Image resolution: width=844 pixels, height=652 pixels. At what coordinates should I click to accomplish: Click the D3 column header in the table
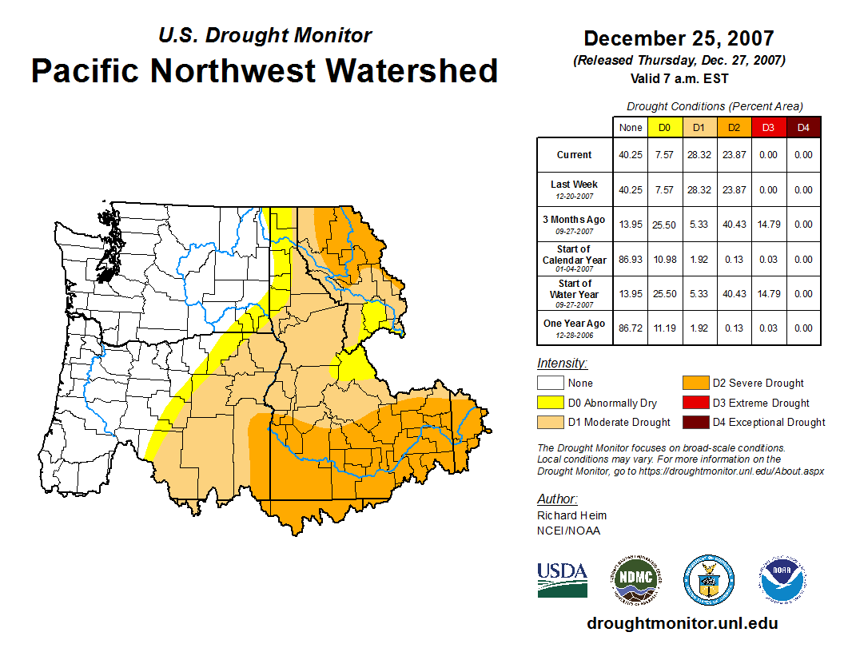point(768,127)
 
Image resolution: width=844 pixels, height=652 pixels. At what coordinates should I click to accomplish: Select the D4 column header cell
point(803,127)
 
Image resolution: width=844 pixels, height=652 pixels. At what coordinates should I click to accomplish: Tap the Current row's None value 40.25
point(631,155)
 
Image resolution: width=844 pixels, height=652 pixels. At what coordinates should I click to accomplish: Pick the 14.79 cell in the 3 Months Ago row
point(768,225)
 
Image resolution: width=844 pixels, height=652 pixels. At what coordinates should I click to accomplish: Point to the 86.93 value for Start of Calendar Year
point(631,260)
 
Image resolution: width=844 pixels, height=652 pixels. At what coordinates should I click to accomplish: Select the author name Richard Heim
point(571,515)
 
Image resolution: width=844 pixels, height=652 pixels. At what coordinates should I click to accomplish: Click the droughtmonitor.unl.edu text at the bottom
point(682,623)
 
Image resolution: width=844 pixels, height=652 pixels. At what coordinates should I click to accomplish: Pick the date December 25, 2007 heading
point(679,38)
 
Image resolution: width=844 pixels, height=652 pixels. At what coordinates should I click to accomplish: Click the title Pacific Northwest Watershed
point(265,70)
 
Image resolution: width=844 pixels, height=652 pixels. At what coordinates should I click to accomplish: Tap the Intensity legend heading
point(562,364)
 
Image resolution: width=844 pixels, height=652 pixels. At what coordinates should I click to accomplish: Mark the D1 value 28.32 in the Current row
point(698,155)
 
